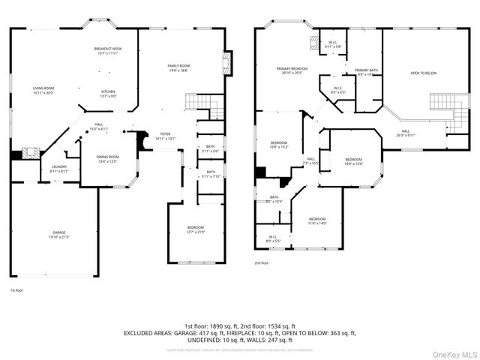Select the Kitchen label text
(109, 93)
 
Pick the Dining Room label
(107, 158)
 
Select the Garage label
(59, 234)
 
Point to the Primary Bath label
(367, 71)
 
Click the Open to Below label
(423, 73)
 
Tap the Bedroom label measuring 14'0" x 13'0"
(354, 160)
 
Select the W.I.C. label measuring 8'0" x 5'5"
(273, 239)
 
